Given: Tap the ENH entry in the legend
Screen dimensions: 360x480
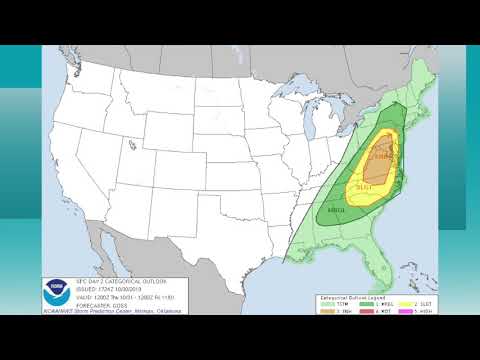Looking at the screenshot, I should (x=341, y=303).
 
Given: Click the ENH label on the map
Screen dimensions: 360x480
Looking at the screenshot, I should (x=383, y=156).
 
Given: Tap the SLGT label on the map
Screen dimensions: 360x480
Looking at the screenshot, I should (x=364, y=187).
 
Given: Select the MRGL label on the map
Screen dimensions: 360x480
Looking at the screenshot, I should (x=336, y=211).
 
